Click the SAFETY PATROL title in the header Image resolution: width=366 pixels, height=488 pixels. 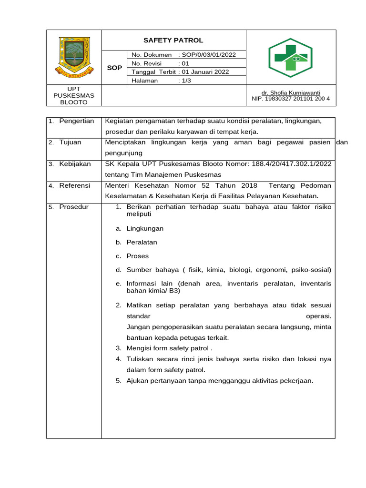coord(173,41)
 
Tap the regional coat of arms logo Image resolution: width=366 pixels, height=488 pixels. coord(74,57)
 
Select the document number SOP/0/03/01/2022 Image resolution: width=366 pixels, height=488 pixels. coord(207,55)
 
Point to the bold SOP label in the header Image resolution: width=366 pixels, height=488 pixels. coord(114,68)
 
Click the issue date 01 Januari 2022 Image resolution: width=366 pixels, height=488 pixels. coord(206,72)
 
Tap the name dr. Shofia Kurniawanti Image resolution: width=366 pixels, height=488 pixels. coord(291,92)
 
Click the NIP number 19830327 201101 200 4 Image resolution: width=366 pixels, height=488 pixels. coord(291,99)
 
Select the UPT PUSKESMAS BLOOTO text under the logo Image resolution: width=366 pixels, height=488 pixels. coord(74,96)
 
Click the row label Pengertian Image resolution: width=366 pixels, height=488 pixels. coord(76,121)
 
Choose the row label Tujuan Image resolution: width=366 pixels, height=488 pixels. coord(70,142)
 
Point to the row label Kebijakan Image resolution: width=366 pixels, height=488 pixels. coord(75,164)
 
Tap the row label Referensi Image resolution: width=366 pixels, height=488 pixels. coord(74,185)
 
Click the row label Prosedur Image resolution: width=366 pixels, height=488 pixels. coord(74,207)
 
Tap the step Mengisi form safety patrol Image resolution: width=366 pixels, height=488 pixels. coord(169,348)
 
